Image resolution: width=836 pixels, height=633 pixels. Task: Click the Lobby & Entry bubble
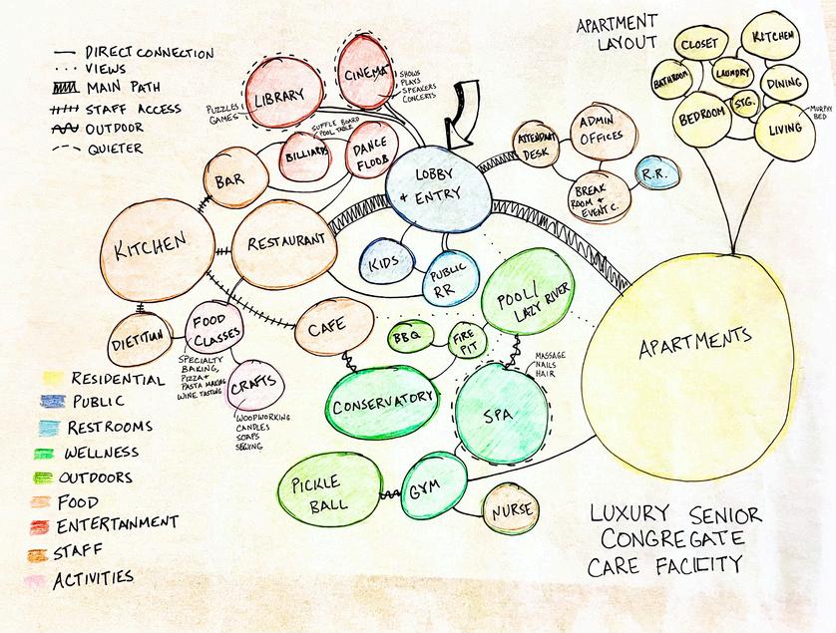(x=439, y=187)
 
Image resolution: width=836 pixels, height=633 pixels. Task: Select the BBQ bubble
(x=409, y=337)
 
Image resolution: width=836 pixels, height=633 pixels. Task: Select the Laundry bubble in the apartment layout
(x=730, y=73)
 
